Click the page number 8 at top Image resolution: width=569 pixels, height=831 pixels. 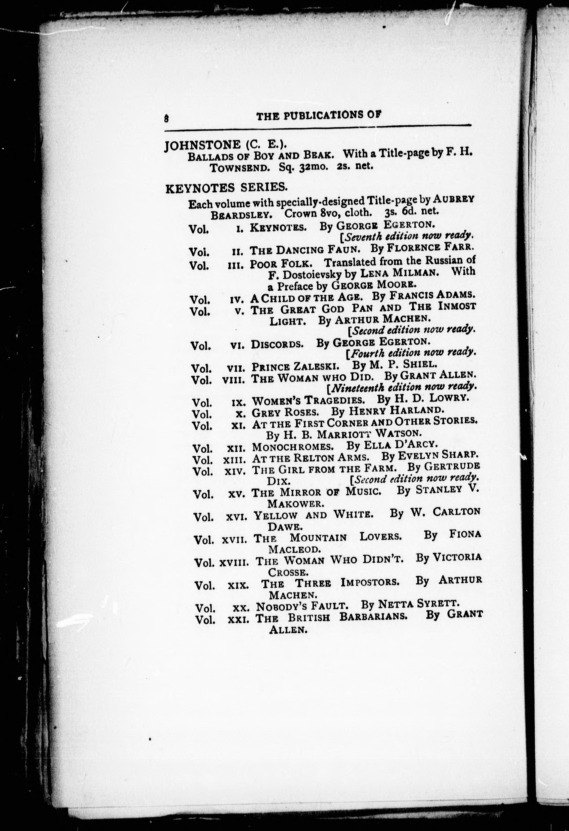[x=166, y=118]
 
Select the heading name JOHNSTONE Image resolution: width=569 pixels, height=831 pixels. [x=202, y=145]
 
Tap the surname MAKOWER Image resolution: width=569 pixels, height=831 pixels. [x=296, y=504]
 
